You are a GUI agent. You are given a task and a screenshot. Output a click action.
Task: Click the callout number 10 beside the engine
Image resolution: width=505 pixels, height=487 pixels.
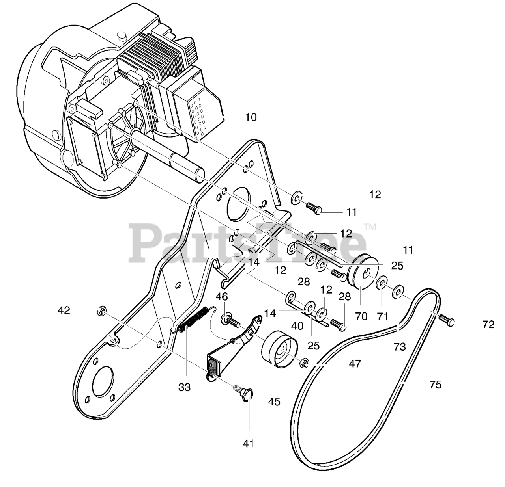coord(251,117)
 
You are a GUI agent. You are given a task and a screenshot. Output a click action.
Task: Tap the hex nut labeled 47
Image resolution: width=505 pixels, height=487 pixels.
coord(304,363)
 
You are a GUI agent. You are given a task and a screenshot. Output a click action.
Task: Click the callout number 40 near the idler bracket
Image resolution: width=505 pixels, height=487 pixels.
coord(297,325)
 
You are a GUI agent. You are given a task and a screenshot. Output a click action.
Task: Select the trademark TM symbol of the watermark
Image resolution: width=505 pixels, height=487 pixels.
coord(370,227)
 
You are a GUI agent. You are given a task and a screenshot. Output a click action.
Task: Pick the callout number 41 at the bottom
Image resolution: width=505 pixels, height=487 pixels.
coord(248,443)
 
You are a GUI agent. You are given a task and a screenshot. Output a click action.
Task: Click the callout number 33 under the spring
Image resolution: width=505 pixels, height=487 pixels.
coord(184,387)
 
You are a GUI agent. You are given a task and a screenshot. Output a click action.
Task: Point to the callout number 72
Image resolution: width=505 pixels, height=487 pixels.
coord(488,324)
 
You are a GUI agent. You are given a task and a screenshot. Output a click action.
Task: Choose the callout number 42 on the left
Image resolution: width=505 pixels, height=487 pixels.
coord(64,310)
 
